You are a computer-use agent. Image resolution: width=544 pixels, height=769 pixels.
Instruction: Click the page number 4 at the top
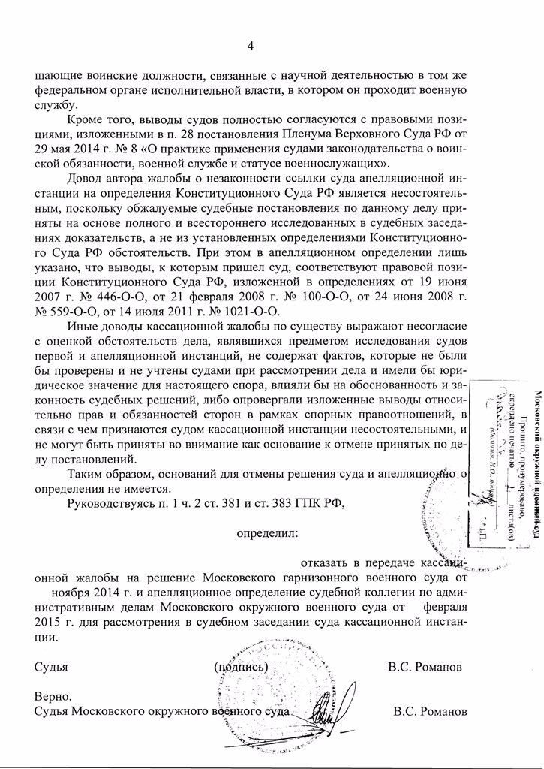pos(251,47)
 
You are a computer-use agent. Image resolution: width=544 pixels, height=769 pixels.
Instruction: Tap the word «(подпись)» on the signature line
pos(239,667)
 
